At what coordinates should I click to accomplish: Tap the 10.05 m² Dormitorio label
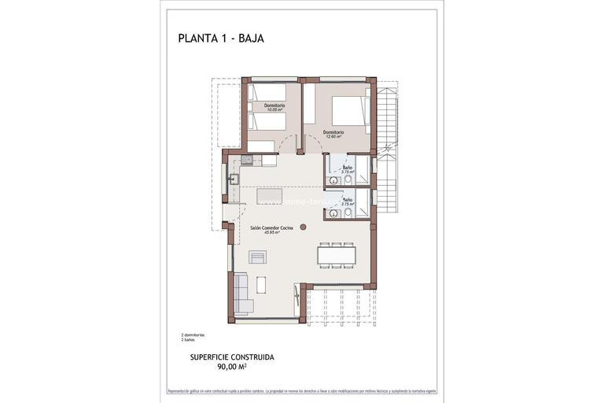[274, 108]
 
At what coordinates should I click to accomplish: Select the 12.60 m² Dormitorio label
[333, 134]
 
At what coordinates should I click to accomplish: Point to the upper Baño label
[347, 168]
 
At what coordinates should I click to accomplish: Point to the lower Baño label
[347, 201]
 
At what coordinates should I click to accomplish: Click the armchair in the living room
[258, 257]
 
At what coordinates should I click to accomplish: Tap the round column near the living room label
[303, 226]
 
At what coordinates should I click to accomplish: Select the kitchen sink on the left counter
[233, 179]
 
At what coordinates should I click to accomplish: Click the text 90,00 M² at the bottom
[232, 366]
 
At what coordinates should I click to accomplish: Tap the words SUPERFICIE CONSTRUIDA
[232, 357]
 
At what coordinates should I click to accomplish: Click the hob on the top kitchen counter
[247, 160]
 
